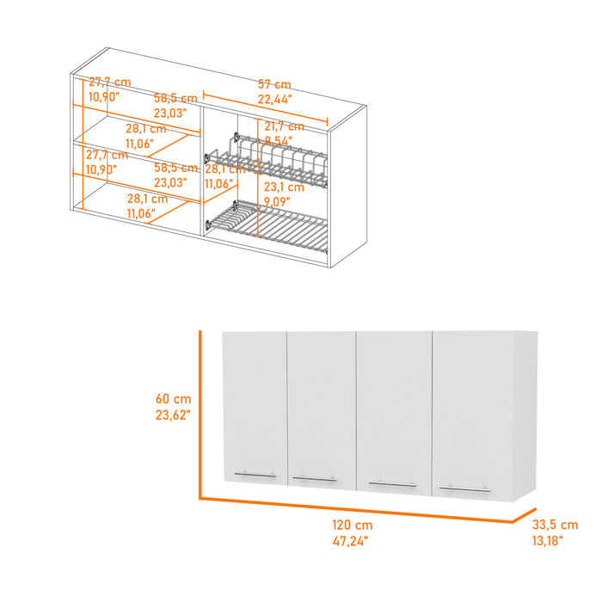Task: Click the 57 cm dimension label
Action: tap(274, 84)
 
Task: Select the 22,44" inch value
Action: tap(274, 99)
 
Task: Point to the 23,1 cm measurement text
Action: tap(284, 187)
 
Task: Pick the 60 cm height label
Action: tap(173, 399)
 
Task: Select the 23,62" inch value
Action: tap(173, 415)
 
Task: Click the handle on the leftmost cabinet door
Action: tap(255, 474)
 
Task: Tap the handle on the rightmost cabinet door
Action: tap(464, 488)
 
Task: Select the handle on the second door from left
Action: tap(315, 478)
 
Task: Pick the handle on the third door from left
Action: tap(391, 483)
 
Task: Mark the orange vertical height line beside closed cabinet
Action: tap(200, 413)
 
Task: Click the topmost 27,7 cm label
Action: tap(108, 83)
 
